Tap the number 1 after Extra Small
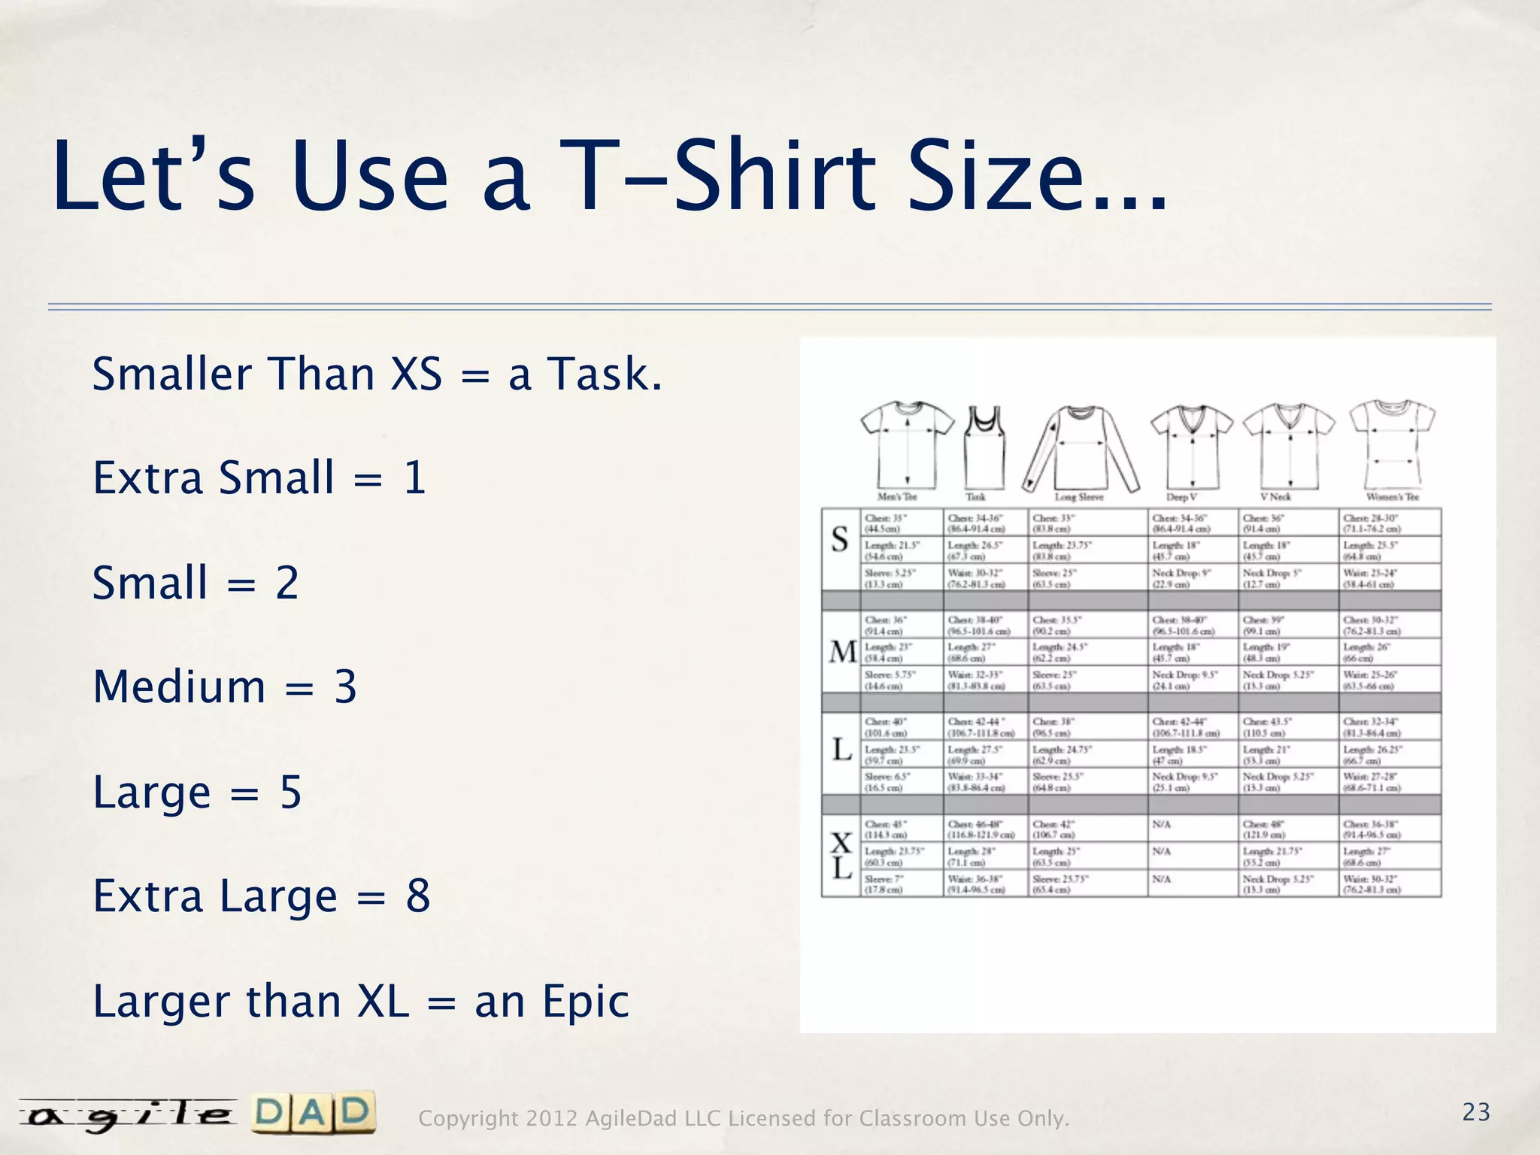(x=414, y=477)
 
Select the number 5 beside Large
(x=290, y=792)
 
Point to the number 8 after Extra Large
(x=418, y=896)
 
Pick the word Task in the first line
(x=605, y=374)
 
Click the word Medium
(x=179, y=687)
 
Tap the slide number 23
(x=1476, y=1112)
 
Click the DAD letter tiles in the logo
(x=314, y=1113)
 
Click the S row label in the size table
(x=840, y=539)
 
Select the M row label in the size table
(x=842, y=651)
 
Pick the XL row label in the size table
(x=841, y=856)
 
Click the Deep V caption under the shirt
(x=1181, y=497)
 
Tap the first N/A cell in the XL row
(x=1162, y=825)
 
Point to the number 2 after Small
(x=287, y=583)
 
